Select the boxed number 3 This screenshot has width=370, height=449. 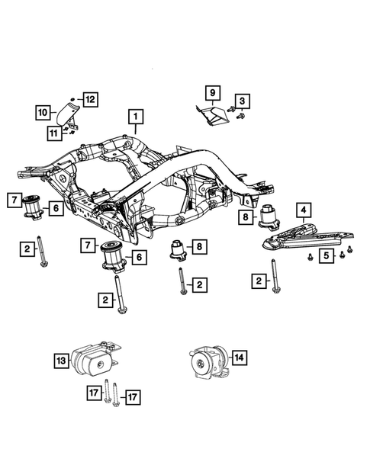242,100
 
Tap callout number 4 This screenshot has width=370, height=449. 303,208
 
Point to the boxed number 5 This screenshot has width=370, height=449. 326,255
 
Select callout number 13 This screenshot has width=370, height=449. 61,360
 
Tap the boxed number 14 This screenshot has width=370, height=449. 240,356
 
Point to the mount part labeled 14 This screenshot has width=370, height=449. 208,360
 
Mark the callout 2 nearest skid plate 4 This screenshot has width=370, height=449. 259,282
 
